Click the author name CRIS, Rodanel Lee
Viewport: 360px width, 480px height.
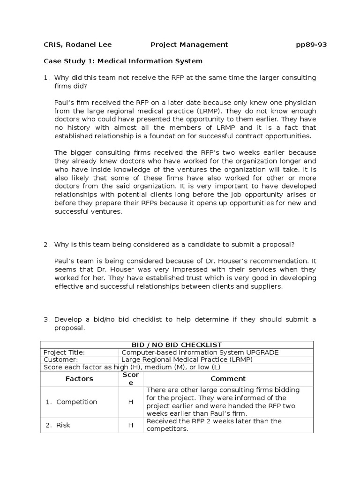[x=77, y=45]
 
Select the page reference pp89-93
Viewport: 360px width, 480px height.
[x=311, y=45]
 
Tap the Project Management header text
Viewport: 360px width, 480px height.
[x=189, y=45]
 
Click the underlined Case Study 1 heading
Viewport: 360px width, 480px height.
[x=123, y=61]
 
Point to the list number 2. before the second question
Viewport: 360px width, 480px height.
[x=47, y=245]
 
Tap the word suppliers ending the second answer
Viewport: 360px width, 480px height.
[x=268, y=286]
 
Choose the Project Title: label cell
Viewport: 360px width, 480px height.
[x=64, y=352]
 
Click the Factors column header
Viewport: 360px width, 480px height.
[x=79, y=379]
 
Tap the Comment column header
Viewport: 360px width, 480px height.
[x=228, y=379]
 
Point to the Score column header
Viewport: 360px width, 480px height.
[x=131, y=379]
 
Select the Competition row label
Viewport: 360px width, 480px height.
[x=76, y=402]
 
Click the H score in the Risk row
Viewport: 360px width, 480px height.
[x=131, y=425]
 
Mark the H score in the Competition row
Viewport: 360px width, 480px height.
[x=131, y=402]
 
